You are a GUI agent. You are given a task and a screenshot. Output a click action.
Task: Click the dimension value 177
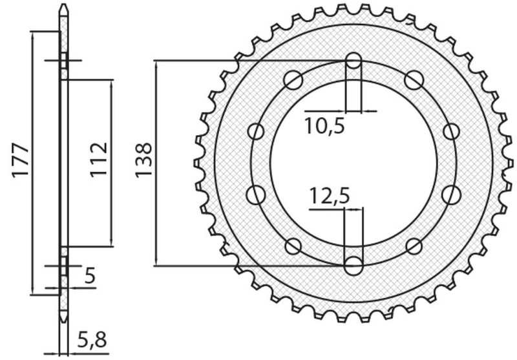tap(19, 160)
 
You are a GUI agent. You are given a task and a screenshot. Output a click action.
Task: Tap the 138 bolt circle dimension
tap(143, 160)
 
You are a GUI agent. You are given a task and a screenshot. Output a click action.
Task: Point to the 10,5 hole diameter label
tap(324, 126)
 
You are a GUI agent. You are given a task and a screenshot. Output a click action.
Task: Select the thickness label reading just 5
tap(89, 277)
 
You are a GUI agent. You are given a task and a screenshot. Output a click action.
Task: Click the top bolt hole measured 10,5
tap(353, 61)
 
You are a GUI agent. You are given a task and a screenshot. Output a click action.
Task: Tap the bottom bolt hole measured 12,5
tap(353, 265)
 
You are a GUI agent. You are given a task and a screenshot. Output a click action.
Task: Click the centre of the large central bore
tap(353, 163)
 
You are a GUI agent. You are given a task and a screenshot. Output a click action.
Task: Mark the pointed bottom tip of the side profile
tap(63, 320)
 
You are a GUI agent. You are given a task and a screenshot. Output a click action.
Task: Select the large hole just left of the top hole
tap(293, 80)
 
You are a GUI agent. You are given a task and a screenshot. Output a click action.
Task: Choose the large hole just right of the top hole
tap(414, 80)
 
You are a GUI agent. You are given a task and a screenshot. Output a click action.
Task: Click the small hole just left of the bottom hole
tap(293, 246)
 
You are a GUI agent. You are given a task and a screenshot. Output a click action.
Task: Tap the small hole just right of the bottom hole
tap(414, 246)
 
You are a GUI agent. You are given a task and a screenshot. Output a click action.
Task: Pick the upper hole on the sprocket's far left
tap(256, 132)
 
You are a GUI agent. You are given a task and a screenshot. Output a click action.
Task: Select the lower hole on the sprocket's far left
tap(256, 194)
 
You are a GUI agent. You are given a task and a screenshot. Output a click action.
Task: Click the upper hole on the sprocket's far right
tap(451, 132)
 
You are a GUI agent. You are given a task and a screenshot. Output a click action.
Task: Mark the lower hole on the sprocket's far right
tap(451, 194)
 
